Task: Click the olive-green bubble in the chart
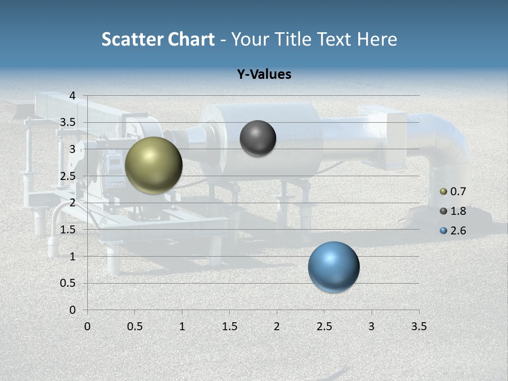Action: pos(153,165)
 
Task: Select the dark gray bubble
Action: pos(258,138)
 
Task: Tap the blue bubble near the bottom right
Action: pos(333,267)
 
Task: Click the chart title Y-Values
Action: pos(264,75)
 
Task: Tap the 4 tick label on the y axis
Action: pos(72,96)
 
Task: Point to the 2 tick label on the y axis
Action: pos(72,203)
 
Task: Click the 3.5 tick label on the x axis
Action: pos(419,326)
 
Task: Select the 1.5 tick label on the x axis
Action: pos(229,326)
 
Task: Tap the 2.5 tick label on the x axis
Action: pos(324,326)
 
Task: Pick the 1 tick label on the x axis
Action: pos(182,326)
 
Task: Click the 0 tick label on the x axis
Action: pos(87,326)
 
